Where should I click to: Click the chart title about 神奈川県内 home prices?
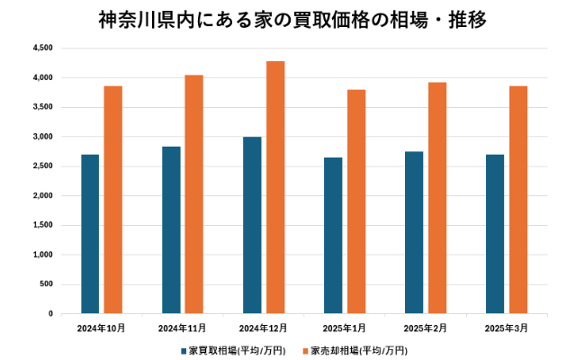pos(292,19)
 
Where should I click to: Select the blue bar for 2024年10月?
pos(90,234)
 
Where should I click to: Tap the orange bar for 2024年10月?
pos(113,200)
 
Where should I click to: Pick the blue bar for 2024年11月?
pos(171,229)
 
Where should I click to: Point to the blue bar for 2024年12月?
pos(252,225)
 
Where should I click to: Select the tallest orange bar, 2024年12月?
pos(275,187)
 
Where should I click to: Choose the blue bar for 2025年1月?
pos(333,236)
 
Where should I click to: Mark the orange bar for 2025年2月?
pos(437,198)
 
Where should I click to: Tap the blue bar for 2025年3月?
pos(495,234)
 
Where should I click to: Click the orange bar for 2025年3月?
pos(518,200)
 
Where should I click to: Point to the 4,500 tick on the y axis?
pos(42,48)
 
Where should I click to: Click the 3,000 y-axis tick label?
pos(42,137)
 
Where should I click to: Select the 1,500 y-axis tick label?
pos(42,226)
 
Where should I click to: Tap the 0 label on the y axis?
pos(50,314)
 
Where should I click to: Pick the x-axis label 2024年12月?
pos(263,328)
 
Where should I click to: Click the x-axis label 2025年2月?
pos(426,328)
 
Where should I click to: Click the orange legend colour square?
pos(305,349)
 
